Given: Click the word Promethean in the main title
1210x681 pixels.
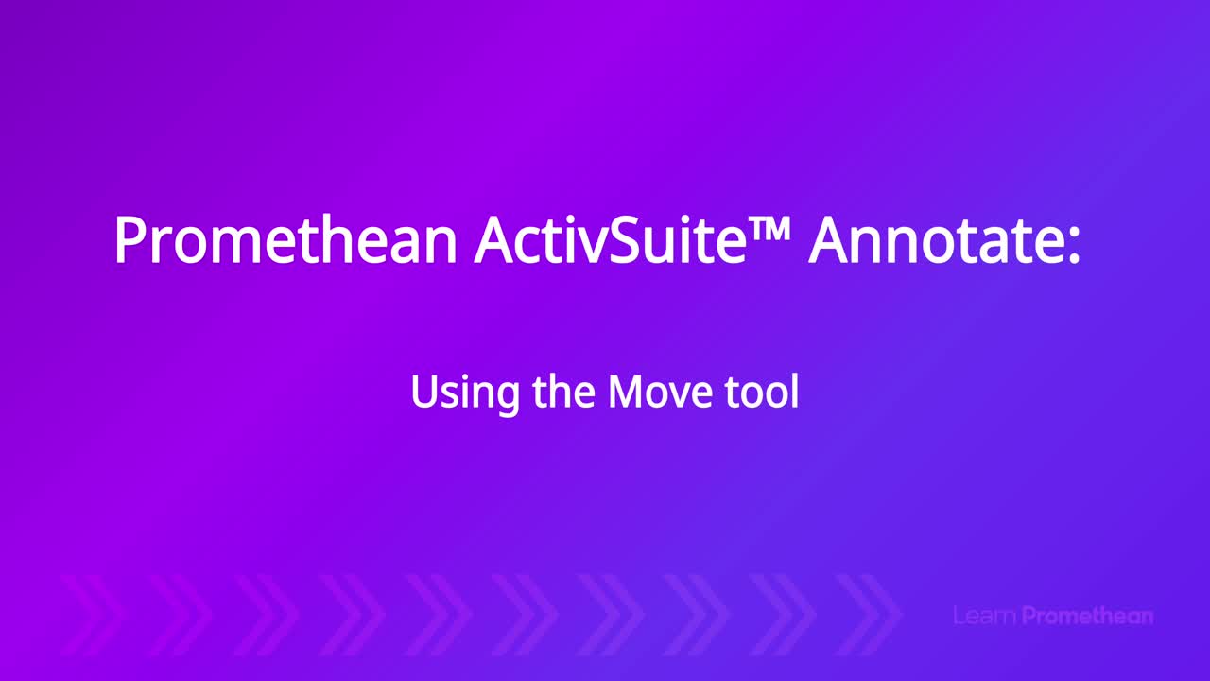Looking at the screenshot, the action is pyautogui.click(x=285, y=240).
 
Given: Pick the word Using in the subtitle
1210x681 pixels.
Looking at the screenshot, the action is pyautogui.click(x=466, y=393).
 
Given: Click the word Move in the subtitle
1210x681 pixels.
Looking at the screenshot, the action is pyautogui.click(x=660, y=392).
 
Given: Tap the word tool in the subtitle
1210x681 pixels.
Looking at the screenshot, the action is pyautogui.click(x=762, y=391).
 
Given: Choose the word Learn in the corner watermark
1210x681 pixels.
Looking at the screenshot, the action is pyautogui.click(x=985, y=616).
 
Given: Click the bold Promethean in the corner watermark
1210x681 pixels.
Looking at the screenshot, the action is pyautogui.click(x=1087, y=616).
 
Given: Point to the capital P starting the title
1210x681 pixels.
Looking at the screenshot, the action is pyautogui.click(x=130, y=239).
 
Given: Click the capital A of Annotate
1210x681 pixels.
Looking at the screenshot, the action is pyautogui.click(x=831, y=239).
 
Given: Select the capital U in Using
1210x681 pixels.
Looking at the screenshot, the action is pyautogui.click(x=426, y=392).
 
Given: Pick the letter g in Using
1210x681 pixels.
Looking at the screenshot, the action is pyautogui.click(x=507, y=399).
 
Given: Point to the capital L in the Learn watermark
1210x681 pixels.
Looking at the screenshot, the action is pyautogui.click(x=959, y=616).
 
